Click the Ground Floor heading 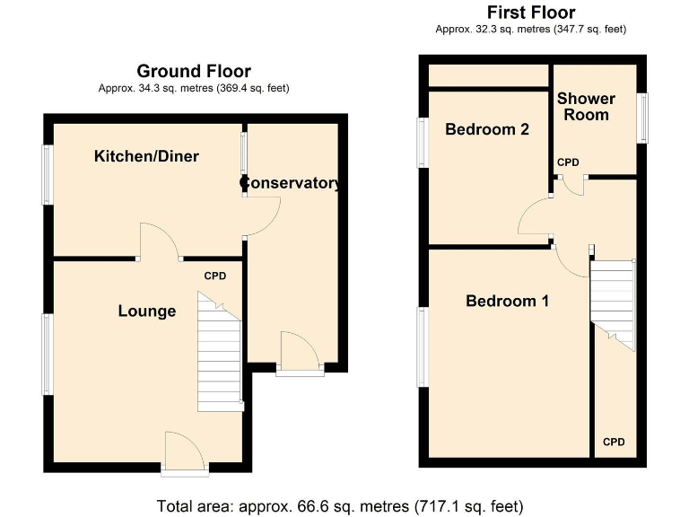(x=193, y=71)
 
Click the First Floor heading (x=530, y=13)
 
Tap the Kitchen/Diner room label (x=146, y=156)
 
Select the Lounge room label (x=147, y=311)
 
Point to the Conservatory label (x=291, y=183)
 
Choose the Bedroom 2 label (x=486, y=129)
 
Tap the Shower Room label (x=586, y=106)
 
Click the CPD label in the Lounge (x=214, y=276)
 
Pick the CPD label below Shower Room (x=568, y=162)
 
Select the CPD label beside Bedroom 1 (x=614, y=442)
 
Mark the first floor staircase (x=613, y=302)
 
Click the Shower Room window (x=641, y=118)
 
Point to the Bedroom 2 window (x=422, y=143)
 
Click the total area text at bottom (x=339, y=505)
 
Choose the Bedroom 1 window (x=422, y=346)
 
